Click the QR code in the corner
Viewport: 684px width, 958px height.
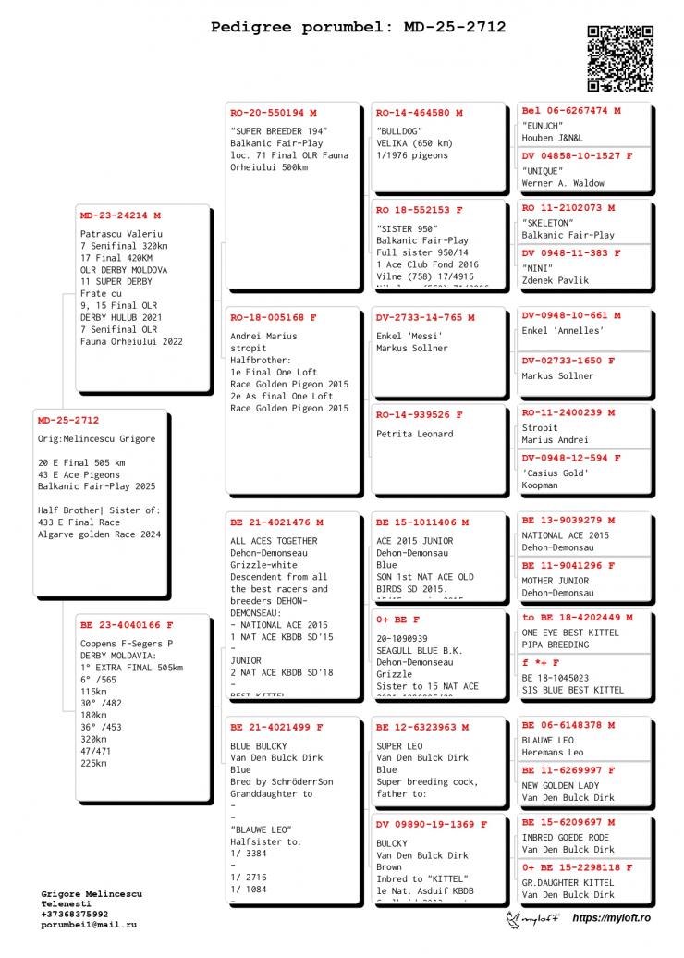[620, 58]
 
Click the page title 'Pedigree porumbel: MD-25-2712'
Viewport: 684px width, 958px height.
[358, 27]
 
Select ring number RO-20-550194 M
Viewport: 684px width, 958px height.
[274, 113]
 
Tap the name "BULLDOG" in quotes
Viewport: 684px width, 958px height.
[399, 131]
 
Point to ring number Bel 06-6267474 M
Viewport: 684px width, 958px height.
[570, 110]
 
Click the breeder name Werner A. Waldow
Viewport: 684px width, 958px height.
[563, 183]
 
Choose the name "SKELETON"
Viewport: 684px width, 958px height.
[549, 224]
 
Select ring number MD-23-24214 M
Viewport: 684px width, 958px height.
[120, 215]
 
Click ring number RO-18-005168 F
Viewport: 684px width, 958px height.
[274, 317]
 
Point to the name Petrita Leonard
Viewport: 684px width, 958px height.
[415, 434]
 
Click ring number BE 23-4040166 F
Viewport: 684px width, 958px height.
[127, 624]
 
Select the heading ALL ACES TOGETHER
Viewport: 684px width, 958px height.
[274, 541]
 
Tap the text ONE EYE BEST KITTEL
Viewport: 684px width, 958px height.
[570, 633]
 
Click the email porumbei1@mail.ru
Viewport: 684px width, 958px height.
[89, 925]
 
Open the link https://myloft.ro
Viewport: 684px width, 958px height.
[612, 917]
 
